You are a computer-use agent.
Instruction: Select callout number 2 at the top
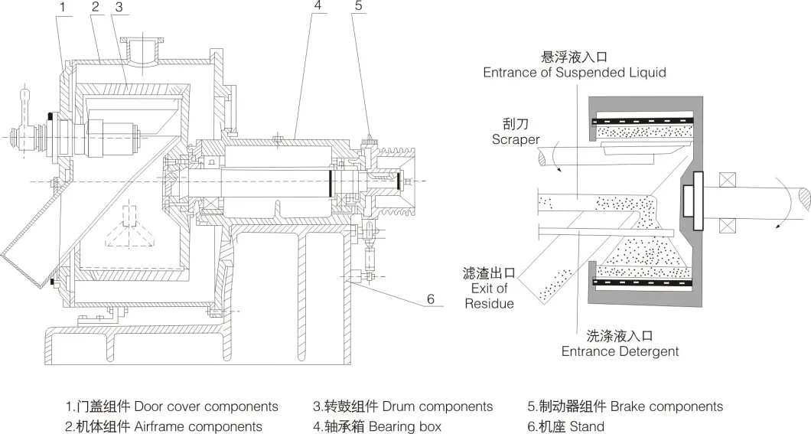95,7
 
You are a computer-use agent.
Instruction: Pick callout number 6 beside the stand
431,299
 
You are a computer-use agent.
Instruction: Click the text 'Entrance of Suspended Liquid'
574,73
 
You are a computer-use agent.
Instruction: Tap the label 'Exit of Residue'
489,295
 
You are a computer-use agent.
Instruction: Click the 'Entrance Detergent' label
620,352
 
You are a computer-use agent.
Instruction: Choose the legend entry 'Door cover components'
171,406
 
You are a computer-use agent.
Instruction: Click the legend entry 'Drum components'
402,406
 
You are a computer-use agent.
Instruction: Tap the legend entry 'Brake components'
625,406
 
